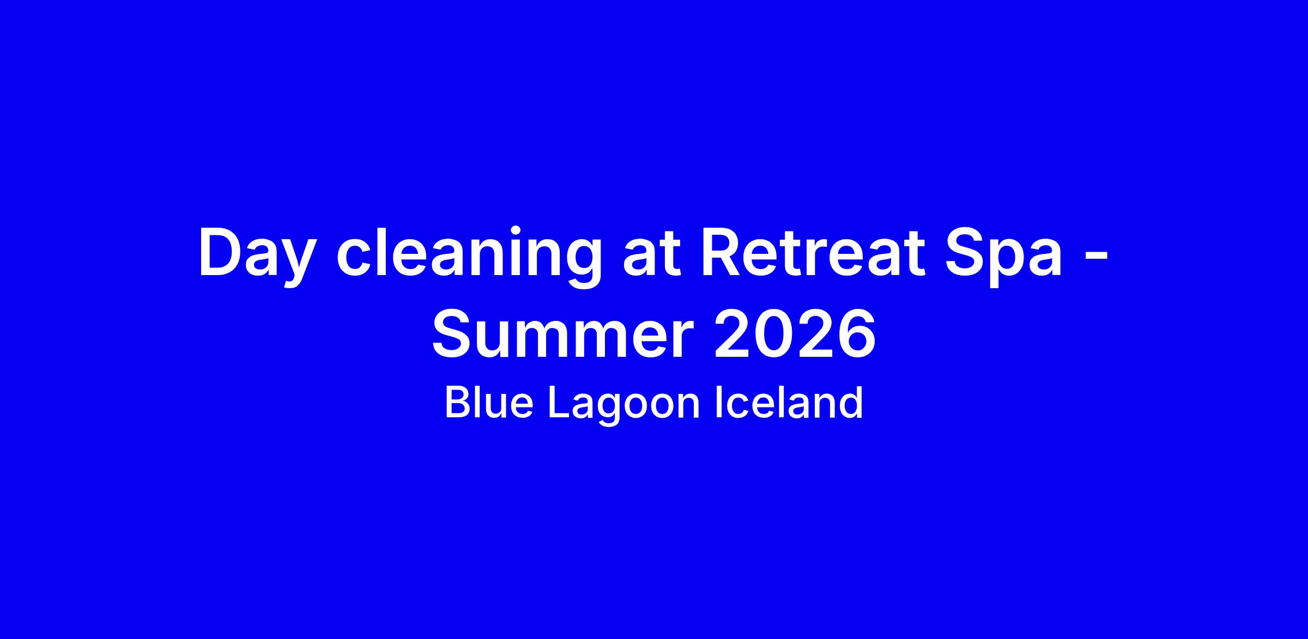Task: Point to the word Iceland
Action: tap(789, 403)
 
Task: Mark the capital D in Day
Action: tap(223, 253)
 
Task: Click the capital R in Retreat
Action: tap(722, 253)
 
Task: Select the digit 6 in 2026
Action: tap(856, 334)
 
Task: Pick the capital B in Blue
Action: tap(458, 403)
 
